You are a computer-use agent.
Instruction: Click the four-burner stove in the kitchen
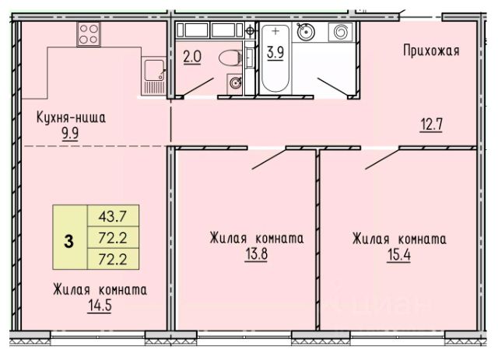(89, 34)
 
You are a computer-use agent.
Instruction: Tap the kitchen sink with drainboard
(154, 76)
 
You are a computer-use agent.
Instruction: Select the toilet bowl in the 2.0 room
(230, 58)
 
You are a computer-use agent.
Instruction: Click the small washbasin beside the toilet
(235, 84)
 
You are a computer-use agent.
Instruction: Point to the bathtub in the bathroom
(275, 59)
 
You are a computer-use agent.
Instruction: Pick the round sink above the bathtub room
(306, 32)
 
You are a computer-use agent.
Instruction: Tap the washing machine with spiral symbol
(341, 32)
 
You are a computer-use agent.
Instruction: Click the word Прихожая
(431, 51)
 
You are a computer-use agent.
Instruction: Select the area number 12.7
(431, 124)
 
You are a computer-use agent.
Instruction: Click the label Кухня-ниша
(71, 117)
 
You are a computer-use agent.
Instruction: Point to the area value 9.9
(70, 133)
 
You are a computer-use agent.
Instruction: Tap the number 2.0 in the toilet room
(192, 57)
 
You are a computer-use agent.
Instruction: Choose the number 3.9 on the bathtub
(275, 52)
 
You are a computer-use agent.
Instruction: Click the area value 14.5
(100, 306)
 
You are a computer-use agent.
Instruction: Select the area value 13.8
(256, 254)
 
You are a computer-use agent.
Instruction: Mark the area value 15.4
(399, 254)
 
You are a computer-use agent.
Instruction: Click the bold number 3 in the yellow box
(69, 241)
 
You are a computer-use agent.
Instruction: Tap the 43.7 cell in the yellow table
(113, 216)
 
